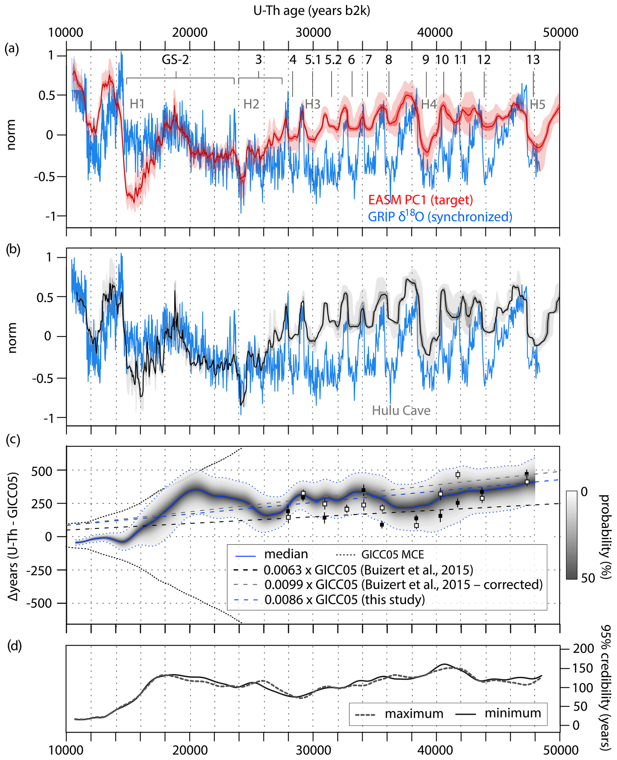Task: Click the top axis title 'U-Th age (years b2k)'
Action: [x=312, y=11]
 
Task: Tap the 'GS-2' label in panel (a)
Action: [x=175, y=59]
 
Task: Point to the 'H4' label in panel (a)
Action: [x=429, y=104]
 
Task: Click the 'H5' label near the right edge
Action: [x=537, y=104]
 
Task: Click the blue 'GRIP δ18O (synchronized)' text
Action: [x=440, y=216]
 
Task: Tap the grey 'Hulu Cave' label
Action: [x=401, y=410]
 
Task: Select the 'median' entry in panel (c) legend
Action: [x=286, y=554]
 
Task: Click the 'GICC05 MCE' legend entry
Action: [x=392, y=555]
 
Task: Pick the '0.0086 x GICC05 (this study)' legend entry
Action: [x=344, y=600]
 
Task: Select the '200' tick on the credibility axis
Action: [x=583, y=649]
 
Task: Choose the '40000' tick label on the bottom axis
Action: [x=435, y=750]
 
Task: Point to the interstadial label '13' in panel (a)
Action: [x=533, y=60]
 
